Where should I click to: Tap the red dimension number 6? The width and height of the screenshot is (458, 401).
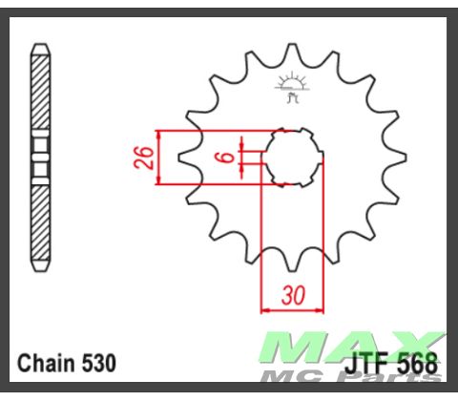(x=227, y=158)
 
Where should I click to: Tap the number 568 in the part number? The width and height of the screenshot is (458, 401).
(x=418, y=364)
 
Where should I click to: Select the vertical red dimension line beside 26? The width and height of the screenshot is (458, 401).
(x=161, y=157)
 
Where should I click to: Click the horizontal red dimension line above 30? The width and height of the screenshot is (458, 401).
(x=293, y=309)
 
